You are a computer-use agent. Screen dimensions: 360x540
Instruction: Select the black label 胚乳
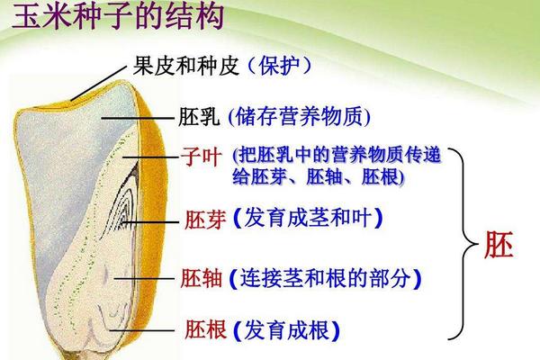click(198, 116)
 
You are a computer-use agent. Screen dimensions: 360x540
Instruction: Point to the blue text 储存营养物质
click(301, 116)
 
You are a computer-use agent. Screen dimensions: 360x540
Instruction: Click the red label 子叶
click(203, 158)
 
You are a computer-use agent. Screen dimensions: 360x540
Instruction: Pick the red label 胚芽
click(203, 218)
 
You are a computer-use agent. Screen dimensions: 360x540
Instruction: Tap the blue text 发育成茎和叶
click(307, 218)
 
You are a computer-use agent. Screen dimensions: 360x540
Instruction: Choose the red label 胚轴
click(203, 276)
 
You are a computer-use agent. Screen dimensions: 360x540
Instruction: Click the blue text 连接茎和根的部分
click(326, 276)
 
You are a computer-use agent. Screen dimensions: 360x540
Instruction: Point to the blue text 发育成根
click(285, 329)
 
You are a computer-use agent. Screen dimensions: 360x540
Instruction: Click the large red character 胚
click(499, 246)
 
